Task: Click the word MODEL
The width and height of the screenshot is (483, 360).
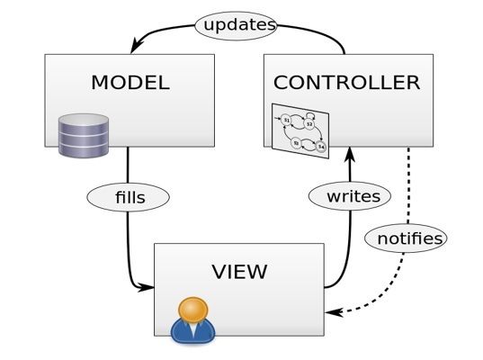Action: click(130, 83)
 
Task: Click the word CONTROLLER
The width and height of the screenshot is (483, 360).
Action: click(346, 83)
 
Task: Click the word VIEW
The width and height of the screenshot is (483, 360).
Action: click(239, 270)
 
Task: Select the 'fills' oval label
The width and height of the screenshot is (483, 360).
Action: click(128, 194)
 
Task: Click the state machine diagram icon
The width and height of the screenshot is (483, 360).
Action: click(300, 130)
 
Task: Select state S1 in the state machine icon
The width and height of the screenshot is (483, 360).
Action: click(286, 119)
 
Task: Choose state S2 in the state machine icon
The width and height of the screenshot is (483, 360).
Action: click(309, 124)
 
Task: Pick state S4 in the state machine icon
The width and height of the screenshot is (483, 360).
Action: click(320, 146)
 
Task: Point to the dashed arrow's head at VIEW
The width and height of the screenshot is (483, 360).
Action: click(331, 312)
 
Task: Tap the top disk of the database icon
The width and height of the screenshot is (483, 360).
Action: click(83, 120)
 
